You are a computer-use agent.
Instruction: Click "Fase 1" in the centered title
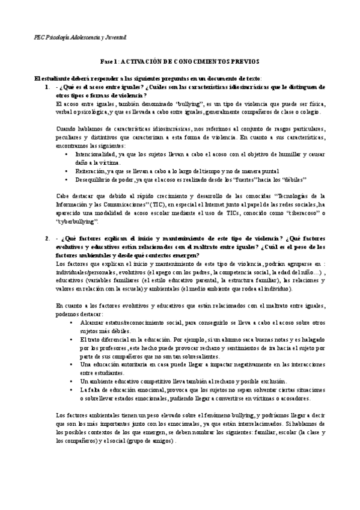(109, 61)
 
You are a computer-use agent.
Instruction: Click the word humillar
(285, 155)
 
